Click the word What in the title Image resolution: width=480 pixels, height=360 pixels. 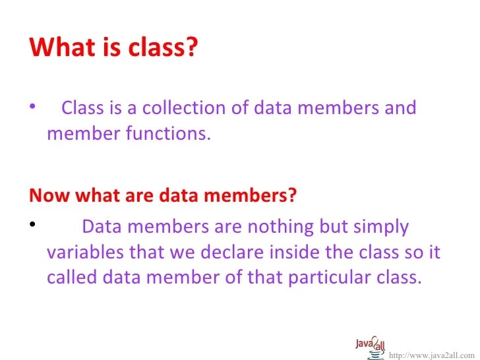click(61, 47)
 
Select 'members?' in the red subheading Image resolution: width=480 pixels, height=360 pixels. click(258, 196)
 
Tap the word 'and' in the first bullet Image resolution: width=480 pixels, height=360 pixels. click(400, 107)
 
